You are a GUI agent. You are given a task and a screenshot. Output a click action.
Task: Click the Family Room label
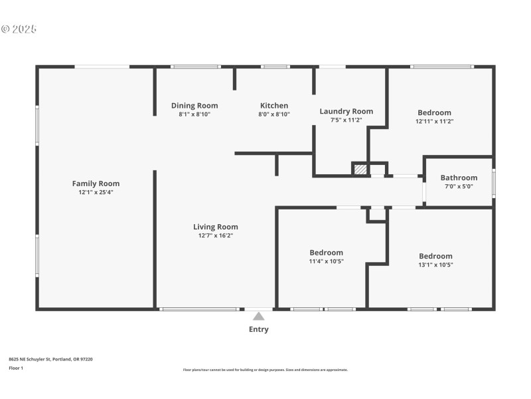[x=96, y=184]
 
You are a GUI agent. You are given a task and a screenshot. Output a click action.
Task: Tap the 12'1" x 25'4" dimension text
[x=96, y=192]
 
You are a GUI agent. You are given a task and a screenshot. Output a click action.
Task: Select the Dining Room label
[x=194, y=106]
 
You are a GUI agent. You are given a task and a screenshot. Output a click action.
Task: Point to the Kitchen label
[x=273, y=106]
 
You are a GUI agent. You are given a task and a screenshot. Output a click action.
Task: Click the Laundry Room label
[x=346, y=111]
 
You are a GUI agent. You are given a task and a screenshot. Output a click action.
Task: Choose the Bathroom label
[x=459, y=178]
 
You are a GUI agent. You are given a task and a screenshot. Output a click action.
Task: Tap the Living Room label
[x=216, y=227]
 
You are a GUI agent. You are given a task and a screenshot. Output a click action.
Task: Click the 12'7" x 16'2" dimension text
[x=216, y=235]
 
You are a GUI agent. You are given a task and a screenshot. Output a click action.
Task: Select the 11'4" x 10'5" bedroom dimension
[x=326, y=261]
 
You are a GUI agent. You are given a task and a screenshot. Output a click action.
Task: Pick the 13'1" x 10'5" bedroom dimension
[x=435, y=265]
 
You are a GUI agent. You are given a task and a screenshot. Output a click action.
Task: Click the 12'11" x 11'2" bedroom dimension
[x=434, y=121]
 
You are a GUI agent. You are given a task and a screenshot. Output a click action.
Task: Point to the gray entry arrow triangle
[x=258, y=316]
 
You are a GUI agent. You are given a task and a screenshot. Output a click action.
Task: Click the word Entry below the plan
[x=258, y=329]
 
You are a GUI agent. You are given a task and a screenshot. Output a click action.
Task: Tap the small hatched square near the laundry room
[x=360, y=170]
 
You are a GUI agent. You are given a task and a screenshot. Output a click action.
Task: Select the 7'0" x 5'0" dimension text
[x=459, y=186]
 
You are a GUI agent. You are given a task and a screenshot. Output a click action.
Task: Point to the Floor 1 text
[x=16, y=368]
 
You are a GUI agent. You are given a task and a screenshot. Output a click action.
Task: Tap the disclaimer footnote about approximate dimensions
[x=265, y=370]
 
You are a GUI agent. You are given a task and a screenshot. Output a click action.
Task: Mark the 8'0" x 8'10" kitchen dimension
[x=273, y=114]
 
